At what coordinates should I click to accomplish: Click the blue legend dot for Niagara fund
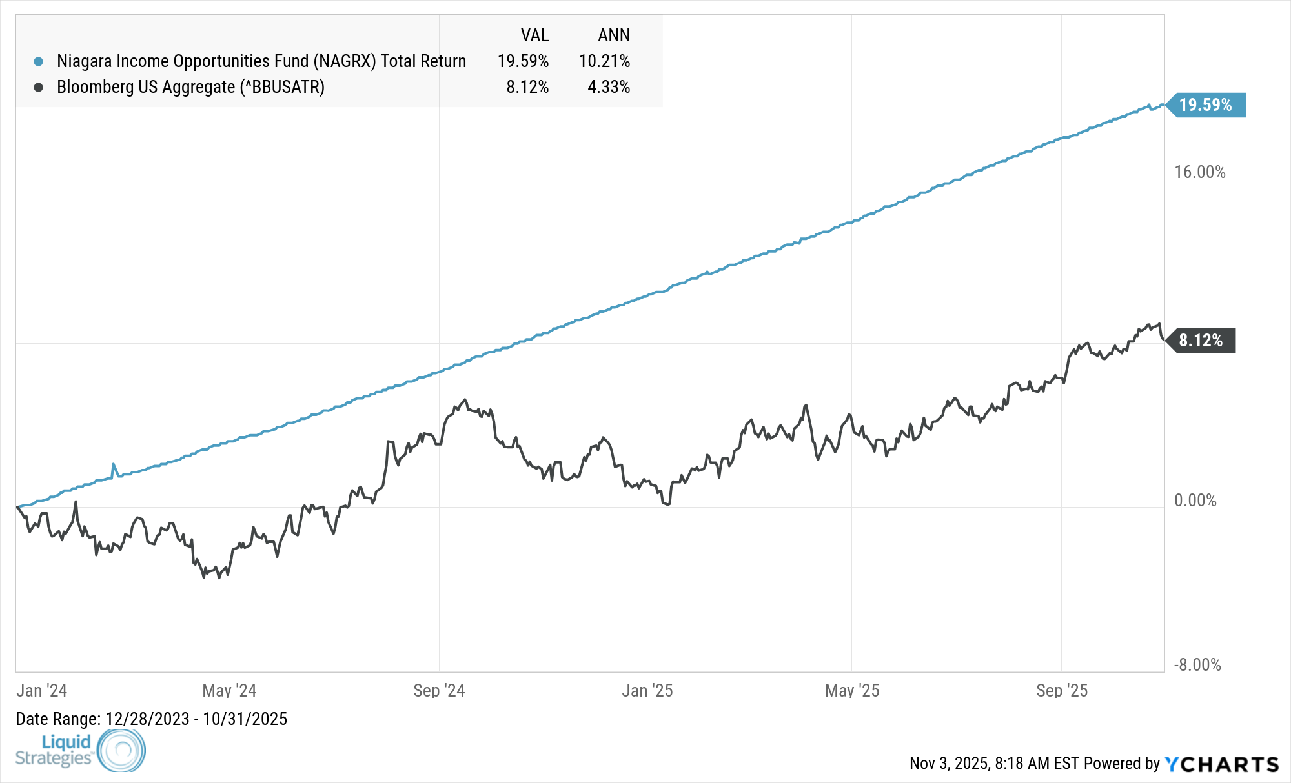(x=39, y=62)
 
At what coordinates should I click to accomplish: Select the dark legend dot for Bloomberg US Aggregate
(x=39, y=87)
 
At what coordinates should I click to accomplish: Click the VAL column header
(x=534, y=35)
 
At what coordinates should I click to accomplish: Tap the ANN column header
(x=613, y=35)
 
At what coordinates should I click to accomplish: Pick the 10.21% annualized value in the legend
(x=604, y=61)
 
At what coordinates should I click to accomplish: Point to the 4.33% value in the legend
(x=608, y=87)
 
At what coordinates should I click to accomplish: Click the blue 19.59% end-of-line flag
(x=1205, y=105)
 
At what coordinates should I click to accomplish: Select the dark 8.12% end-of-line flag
(x=1201, y=341)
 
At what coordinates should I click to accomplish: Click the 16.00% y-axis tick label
(x=1199, y=172)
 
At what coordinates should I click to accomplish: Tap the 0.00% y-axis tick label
(x=1195, y=501)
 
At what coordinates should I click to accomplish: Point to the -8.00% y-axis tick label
(x=1197, y=665)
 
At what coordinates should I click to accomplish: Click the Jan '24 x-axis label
(x=41, y=691)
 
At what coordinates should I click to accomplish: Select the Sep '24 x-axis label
(x=439, y=691)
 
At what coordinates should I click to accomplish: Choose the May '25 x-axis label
(x=852, y=691)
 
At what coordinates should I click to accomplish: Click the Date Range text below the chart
(x=151, y=719)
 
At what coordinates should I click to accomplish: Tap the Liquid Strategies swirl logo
(x=121, y=750)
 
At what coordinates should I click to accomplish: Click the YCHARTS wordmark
(x=1221, y=764)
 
